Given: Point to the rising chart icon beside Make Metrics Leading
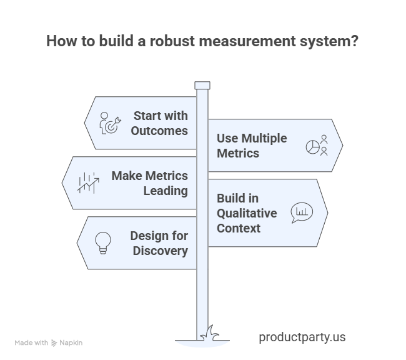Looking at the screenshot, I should pos(88,182).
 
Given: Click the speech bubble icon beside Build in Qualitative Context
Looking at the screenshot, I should pos(301,212).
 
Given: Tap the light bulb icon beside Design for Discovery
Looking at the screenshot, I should pos(102,242).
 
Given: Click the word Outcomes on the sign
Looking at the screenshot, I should pos(159,131).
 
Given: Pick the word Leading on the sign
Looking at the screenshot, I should pos(166,191).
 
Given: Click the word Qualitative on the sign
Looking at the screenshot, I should pos(247,213).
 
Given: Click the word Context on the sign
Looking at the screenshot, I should pos(239,228).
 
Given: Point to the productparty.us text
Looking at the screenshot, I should pos(302,337).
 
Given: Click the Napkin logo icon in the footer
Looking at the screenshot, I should pos(54,343).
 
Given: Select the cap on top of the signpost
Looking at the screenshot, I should pos(202,85).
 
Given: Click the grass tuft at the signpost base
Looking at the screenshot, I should pos(210,332).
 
